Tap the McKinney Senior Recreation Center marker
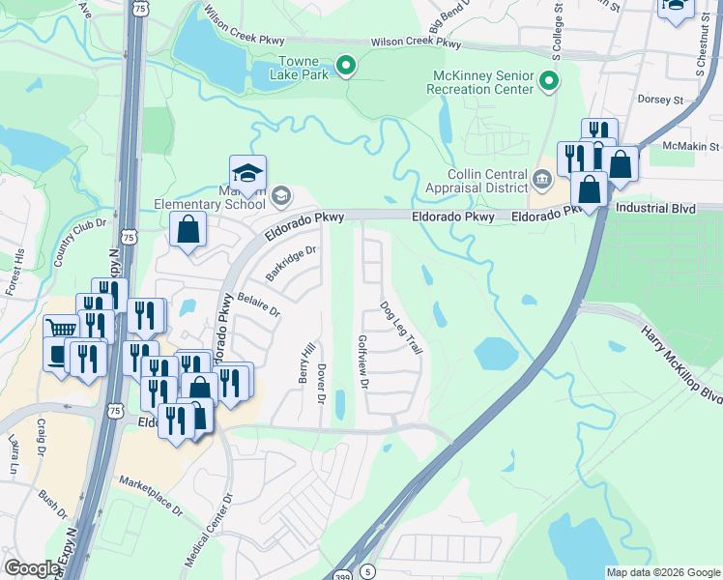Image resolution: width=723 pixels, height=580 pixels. tap(549, 80)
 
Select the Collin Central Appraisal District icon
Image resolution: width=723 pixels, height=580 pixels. tap(541, 177)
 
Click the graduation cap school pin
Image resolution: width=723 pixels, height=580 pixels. tap(248, 174)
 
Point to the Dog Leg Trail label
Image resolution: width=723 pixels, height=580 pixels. tap(400, 328)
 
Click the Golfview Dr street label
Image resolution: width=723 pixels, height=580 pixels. tap(363, 362)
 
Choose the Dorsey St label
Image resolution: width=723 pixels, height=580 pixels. tap(660, 100)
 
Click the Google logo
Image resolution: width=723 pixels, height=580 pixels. tap(31, 568)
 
